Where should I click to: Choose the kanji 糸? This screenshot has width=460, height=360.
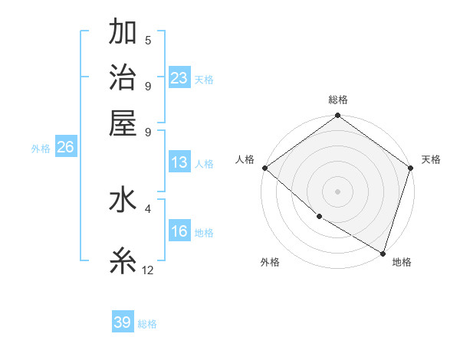(123, 261)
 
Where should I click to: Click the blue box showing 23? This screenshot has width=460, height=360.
(179, 77)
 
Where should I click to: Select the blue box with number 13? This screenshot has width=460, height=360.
(179, 162)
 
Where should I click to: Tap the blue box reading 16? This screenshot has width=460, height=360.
(179, 232)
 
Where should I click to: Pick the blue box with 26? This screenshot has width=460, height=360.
(65, 148)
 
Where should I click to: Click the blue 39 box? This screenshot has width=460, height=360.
(123, 322)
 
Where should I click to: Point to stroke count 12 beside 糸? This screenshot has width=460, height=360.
(148, 270)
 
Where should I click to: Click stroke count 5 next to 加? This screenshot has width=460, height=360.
(148, 41)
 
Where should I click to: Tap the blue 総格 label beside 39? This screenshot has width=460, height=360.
(147, 324)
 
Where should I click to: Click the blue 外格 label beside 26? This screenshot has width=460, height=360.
(41, 149)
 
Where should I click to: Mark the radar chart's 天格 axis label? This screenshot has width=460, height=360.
(431, 159)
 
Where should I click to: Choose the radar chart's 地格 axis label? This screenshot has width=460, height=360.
(402, 263)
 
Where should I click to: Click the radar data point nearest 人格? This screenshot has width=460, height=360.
(264, 168)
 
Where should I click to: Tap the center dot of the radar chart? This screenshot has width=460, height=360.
(337, 191)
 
